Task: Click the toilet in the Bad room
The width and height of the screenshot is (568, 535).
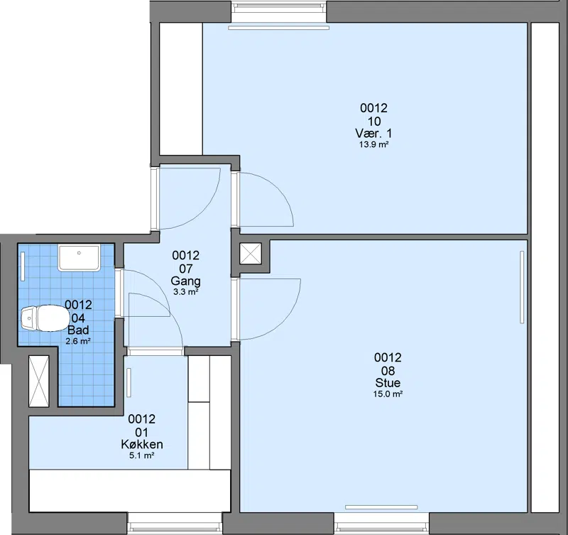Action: (45, 318)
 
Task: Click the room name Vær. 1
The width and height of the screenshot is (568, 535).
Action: (373, 133)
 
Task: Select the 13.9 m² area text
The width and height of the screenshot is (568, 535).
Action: (374, 145)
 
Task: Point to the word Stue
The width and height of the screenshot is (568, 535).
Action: (388, 383)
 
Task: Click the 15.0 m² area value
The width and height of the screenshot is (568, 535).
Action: (388, 394)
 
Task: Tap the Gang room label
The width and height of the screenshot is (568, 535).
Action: (185, 281)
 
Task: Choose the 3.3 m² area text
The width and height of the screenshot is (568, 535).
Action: (185, 292)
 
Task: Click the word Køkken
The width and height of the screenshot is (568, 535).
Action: (141, 444)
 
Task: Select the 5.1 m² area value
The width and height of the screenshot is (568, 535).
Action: (142, 455)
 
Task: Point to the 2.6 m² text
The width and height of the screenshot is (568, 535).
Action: (78, 341)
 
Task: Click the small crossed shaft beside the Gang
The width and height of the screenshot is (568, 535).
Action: (251, 254)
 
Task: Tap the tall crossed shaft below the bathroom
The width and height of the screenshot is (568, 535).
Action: (38, 382)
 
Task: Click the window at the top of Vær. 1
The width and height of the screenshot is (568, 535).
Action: (279, 7)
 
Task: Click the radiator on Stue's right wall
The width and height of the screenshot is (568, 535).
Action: (522, 287)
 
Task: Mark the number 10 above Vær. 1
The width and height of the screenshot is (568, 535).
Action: (374, 121)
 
